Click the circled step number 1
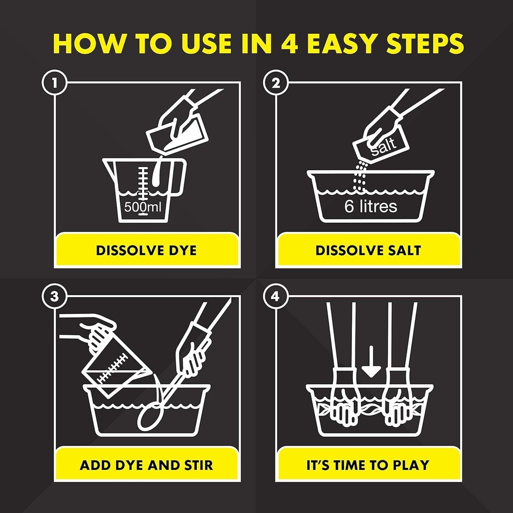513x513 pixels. click(54, 83)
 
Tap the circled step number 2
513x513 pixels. click(276, 83)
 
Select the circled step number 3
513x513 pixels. click(54, 297)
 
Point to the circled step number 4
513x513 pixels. click(276, 297)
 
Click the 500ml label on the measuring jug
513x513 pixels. click(143, 207)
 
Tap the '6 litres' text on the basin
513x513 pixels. click(371, 206)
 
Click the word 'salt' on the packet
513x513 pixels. click(384, 146)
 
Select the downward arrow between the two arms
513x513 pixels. click(371, 362)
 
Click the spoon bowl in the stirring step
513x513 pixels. click(150, 417)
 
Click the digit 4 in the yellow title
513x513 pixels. click(289, 43)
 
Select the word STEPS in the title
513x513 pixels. click(425, 43)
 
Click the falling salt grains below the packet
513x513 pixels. click(360, 176)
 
